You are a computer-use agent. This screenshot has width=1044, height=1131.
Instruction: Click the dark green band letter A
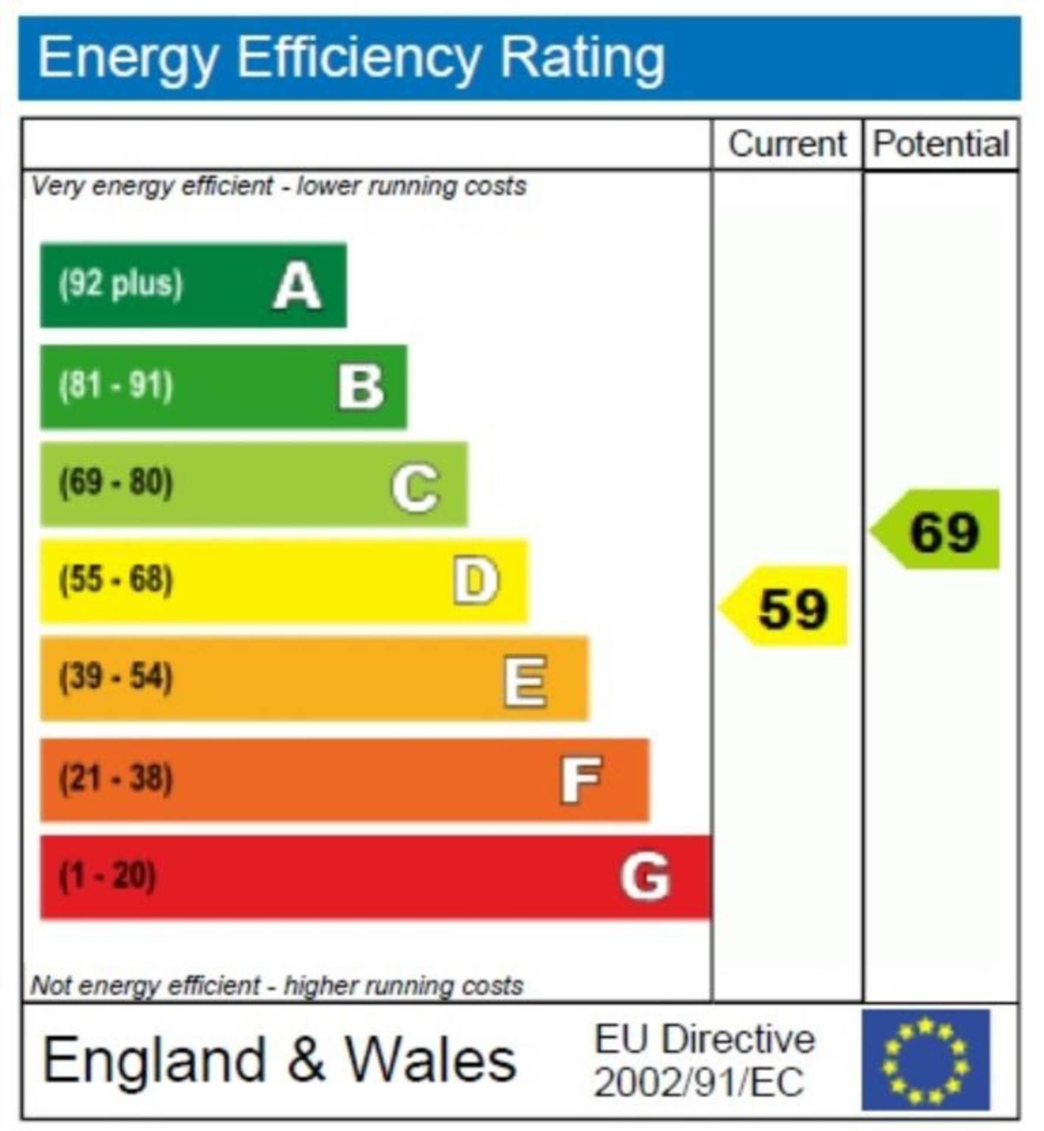297,286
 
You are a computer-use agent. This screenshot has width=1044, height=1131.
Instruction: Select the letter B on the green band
361,387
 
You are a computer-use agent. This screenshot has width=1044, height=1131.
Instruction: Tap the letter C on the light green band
415,487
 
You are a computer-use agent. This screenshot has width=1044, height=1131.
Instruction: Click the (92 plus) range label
121,284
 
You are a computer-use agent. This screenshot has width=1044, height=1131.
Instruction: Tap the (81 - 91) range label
116,386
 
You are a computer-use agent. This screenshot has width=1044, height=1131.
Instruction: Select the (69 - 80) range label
116,482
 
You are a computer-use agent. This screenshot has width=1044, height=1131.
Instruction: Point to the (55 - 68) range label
116,580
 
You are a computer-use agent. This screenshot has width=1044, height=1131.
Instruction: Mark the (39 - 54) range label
116,677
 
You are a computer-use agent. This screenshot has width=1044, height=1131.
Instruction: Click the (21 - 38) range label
116,778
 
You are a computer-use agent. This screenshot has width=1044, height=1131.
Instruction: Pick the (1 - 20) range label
108,876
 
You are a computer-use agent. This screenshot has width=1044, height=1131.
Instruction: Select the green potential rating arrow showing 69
937,530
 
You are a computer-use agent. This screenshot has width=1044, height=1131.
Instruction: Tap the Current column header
787,144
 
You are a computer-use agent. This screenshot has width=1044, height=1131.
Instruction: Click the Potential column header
941,144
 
